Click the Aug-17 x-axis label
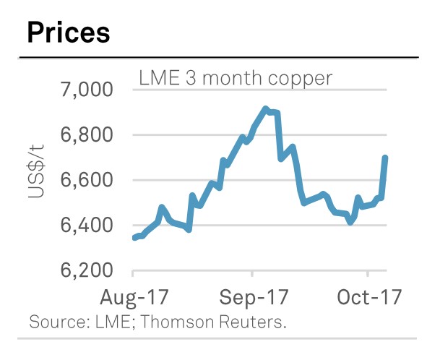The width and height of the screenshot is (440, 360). pyautogui.click(x=134, y=297)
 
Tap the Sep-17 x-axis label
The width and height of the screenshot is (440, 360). pyautogui.click(x=253, y=297)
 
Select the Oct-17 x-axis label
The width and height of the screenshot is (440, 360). pyautogui.click(x=368, y=297)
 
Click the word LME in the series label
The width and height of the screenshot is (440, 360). pyautogui.click(x=157, y=77)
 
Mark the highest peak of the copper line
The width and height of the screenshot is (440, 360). pyautogui.click(x=266, y=109)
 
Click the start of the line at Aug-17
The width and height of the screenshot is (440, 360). pyautogui.click(x=135, y=237)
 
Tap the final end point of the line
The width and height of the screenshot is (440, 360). pyautogui.click(x=385, y=158)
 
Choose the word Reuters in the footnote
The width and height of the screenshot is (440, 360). pyautogui.click(x=256, y=322)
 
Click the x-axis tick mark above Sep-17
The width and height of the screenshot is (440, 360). pyautogui.click(x=252, y=275)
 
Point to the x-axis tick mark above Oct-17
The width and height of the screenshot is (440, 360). pyautogui.click(x=368, y=275)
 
